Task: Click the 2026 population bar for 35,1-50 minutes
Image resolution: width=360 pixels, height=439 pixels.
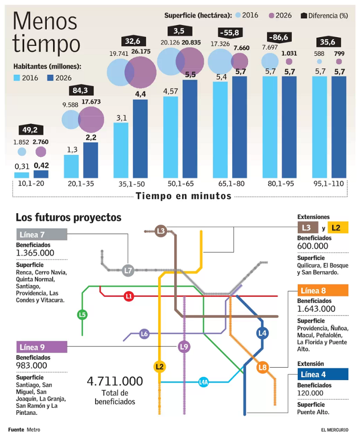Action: [140, 139]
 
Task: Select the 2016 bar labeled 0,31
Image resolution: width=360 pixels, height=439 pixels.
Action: [22, 175]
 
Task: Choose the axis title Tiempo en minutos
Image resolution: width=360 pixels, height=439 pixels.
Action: [183, 196]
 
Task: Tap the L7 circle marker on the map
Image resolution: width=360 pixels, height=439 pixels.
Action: [128, 271]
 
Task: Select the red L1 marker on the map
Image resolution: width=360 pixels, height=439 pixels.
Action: [128, 296]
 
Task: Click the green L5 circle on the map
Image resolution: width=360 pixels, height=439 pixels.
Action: [83, 315]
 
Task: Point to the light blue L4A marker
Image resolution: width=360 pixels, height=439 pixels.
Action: [204, 382]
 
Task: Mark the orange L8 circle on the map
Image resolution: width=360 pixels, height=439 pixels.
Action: [263, 368]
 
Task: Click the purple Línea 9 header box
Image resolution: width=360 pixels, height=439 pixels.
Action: [41, 346]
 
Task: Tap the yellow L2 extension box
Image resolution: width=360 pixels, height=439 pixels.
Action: [337, 227]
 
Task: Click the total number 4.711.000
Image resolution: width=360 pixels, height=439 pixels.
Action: [115, 381]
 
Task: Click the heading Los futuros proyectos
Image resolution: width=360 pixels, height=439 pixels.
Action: [69, 218]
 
